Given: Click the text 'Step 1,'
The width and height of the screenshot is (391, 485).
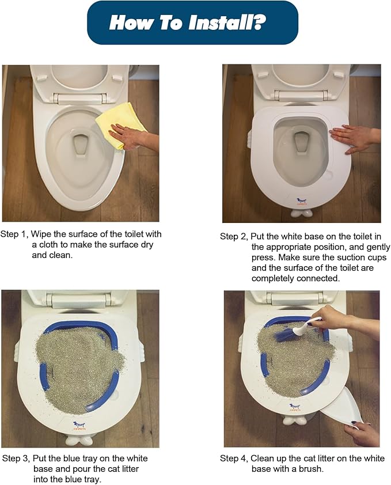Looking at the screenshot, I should coord(14,234).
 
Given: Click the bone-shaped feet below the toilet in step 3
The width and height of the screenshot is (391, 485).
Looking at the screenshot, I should coord(80,441).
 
